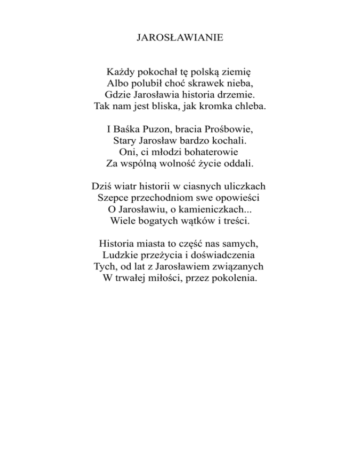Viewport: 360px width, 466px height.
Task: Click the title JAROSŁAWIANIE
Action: click(180, 37)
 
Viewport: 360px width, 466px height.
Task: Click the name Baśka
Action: click(125, 129)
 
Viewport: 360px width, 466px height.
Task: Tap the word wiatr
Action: click(126, 186)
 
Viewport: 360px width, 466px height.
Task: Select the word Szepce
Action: click(112, 197)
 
